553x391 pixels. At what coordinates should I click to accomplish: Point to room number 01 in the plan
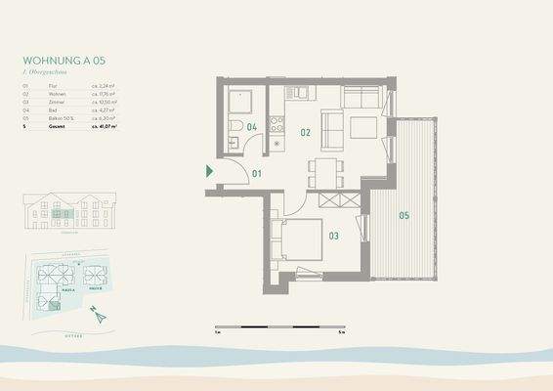(x=257, y=174)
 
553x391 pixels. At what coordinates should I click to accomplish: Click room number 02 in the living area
(x=306, y=132)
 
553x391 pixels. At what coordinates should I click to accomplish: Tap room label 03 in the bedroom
(x=333, y=236)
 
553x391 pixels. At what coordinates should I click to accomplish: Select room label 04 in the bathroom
(x=251, y=128)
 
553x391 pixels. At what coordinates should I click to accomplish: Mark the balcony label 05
(x=404, y=214)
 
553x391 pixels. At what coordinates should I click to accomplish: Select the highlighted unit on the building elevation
(x=64, y=213)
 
